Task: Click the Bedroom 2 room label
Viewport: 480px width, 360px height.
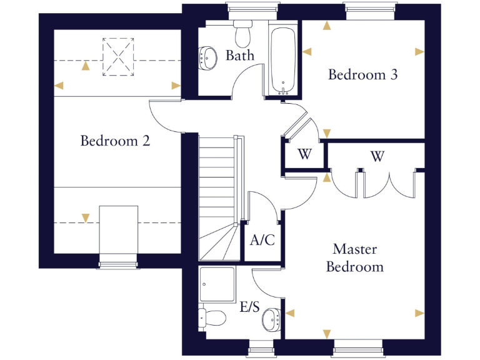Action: click(115, 141)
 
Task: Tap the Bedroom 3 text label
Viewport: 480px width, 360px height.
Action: click(363, 75)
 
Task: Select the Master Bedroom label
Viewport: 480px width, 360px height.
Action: click(355, 258)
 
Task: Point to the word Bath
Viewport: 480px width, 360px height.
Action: click(240, 56)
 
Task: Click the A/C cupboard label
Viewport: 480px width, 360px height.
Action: click(262, 240)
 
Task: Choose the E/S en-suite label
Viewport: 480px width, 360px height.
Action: click(249, 307)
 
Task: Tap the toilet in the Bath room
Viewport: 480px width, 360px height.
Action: click(242, 29)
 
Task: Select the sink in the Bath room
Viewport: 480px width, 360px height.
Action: click(207, 59)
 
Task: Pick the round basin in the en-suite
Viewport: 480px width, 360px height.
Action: click(271, 319)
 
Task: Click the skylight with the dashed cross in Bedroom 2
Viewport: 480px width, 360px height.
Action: click(118, 57)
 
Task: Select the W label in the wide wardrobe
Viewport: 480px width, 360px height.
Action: click(377, 156)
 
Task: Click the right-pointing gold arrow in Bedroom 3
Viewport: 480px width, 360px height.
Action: click(419, 51)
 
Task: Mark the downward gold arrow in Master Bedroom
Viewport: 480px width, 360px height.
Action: click(326, 333)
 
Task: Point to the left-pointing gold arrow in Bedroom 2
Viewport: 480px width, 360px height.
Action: click(59, 86)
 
